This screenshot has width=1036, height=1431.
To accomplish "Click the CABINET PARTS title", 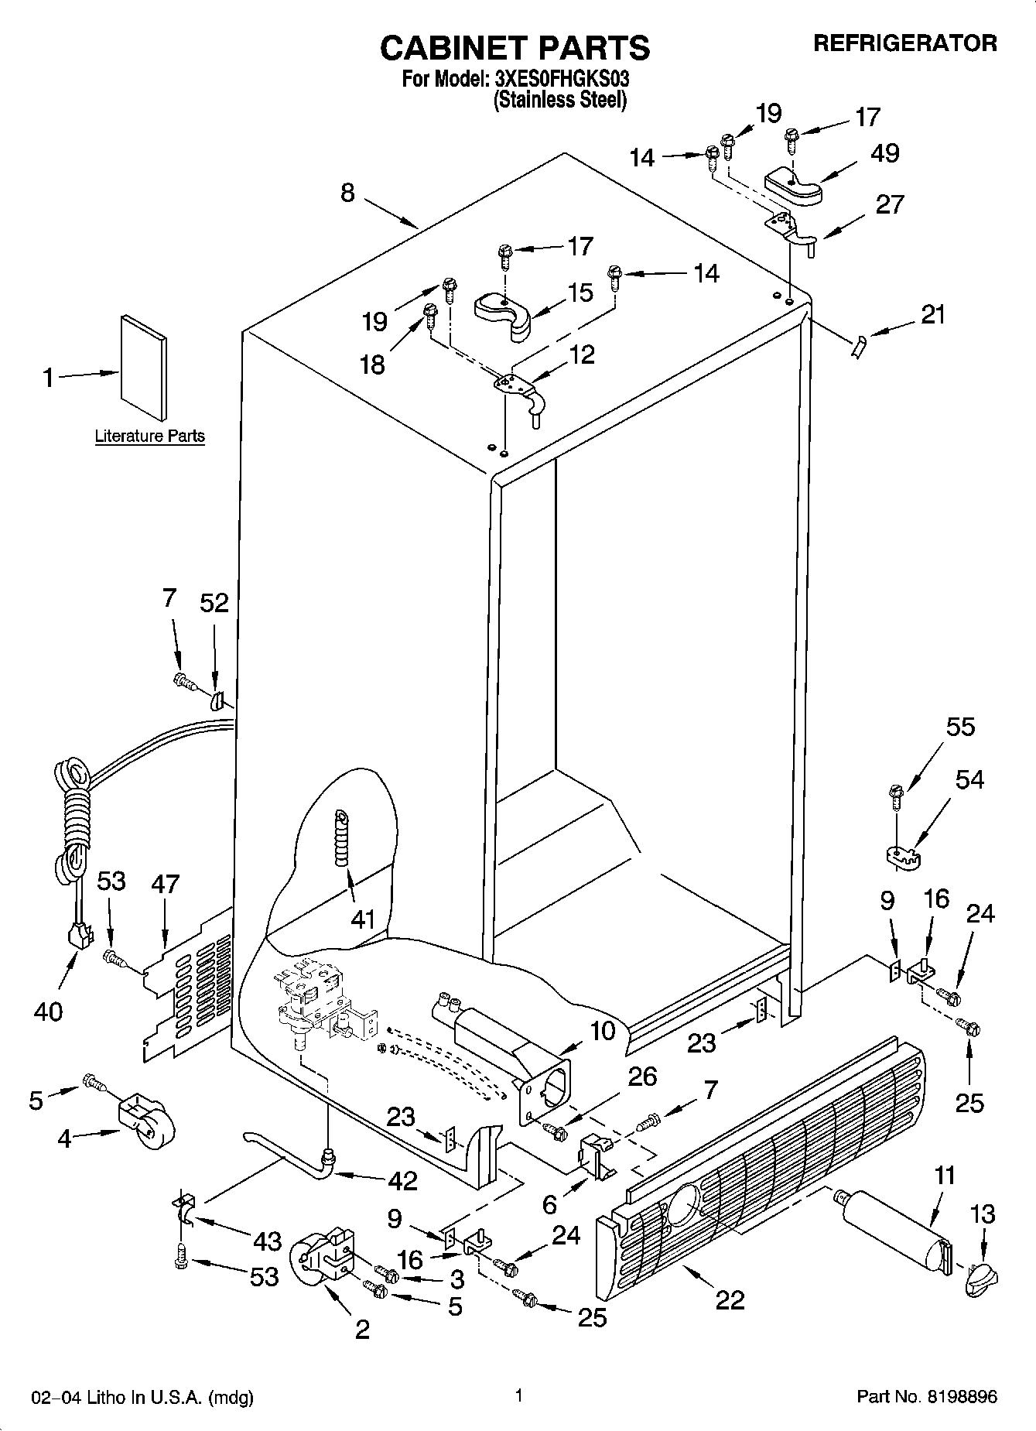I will click(515, 48).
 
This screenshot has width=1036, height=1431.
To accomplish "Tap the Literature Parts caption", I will click(149, 436).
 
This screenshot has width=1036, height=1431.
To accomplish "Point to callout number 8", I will click(347, 192).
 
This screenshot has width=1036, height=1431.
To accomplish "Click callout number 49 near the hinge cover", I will click(884, 153).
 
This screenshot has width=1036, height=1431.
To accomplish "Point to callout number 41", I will click(363, 919).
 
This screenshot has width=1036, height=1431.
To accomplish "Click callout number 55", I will click(960, 727).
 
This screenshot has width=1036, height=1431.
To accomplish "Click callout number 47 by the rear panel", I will click(165, 883).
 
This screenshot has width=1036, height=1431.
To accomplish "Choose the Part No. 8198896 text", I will click(926, 1397).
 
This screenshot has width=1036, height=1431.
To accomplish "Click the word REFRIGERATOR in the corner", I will click(904, 43).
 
